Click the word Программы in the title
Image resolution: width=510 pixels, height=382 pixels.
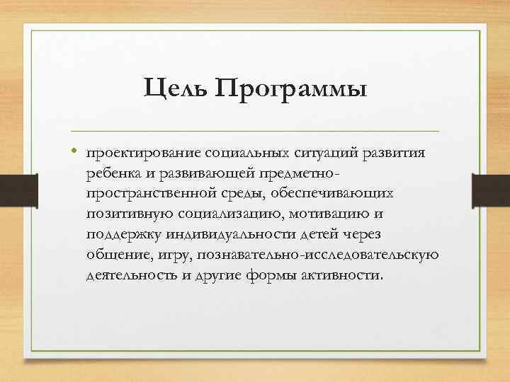click(291, 90)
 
